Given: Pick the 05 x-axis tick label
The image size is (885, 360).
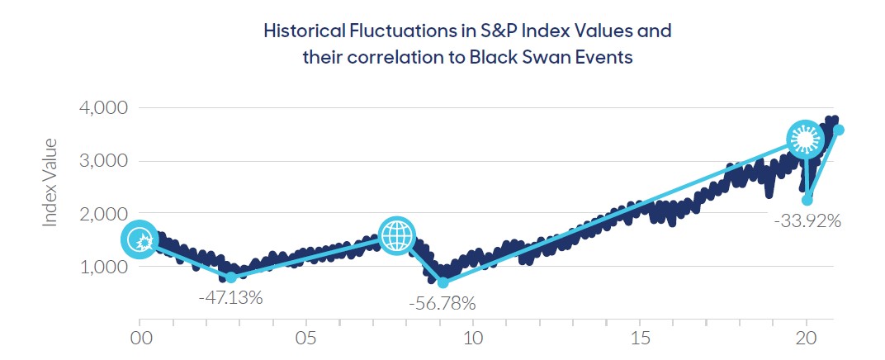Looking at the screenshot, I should click(307, 339).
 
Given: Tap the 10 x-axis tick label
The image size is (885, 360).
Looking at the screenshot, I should click(474, 339).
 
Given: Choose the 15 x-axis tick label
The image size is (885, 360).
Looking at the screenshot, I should click(640, 339).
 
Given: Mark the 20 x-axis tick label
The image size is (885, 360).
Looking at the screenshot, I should click(807, 339).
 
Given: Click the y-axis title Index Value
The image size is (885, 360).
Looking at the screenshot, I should click(51, 182).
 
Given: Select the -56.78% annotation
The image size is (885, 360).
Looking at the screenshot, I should click(442, 304).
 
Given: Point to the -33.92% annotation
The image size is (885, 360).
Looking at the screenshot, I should click(807, 221).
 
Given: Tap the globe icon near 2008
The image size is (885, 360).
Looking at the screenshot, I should click(397, 235).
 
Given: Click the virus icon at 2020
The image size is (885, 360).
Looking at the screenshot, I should click(804, 140).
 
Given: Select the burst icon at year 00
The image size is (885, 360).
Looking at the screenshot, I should click(140, 239).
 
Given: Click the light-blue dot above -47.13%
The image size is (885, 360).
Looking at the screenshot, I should click(231, 277).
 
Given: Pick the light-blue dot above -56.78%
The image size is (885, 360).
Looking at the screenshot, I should click(442, 283).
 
